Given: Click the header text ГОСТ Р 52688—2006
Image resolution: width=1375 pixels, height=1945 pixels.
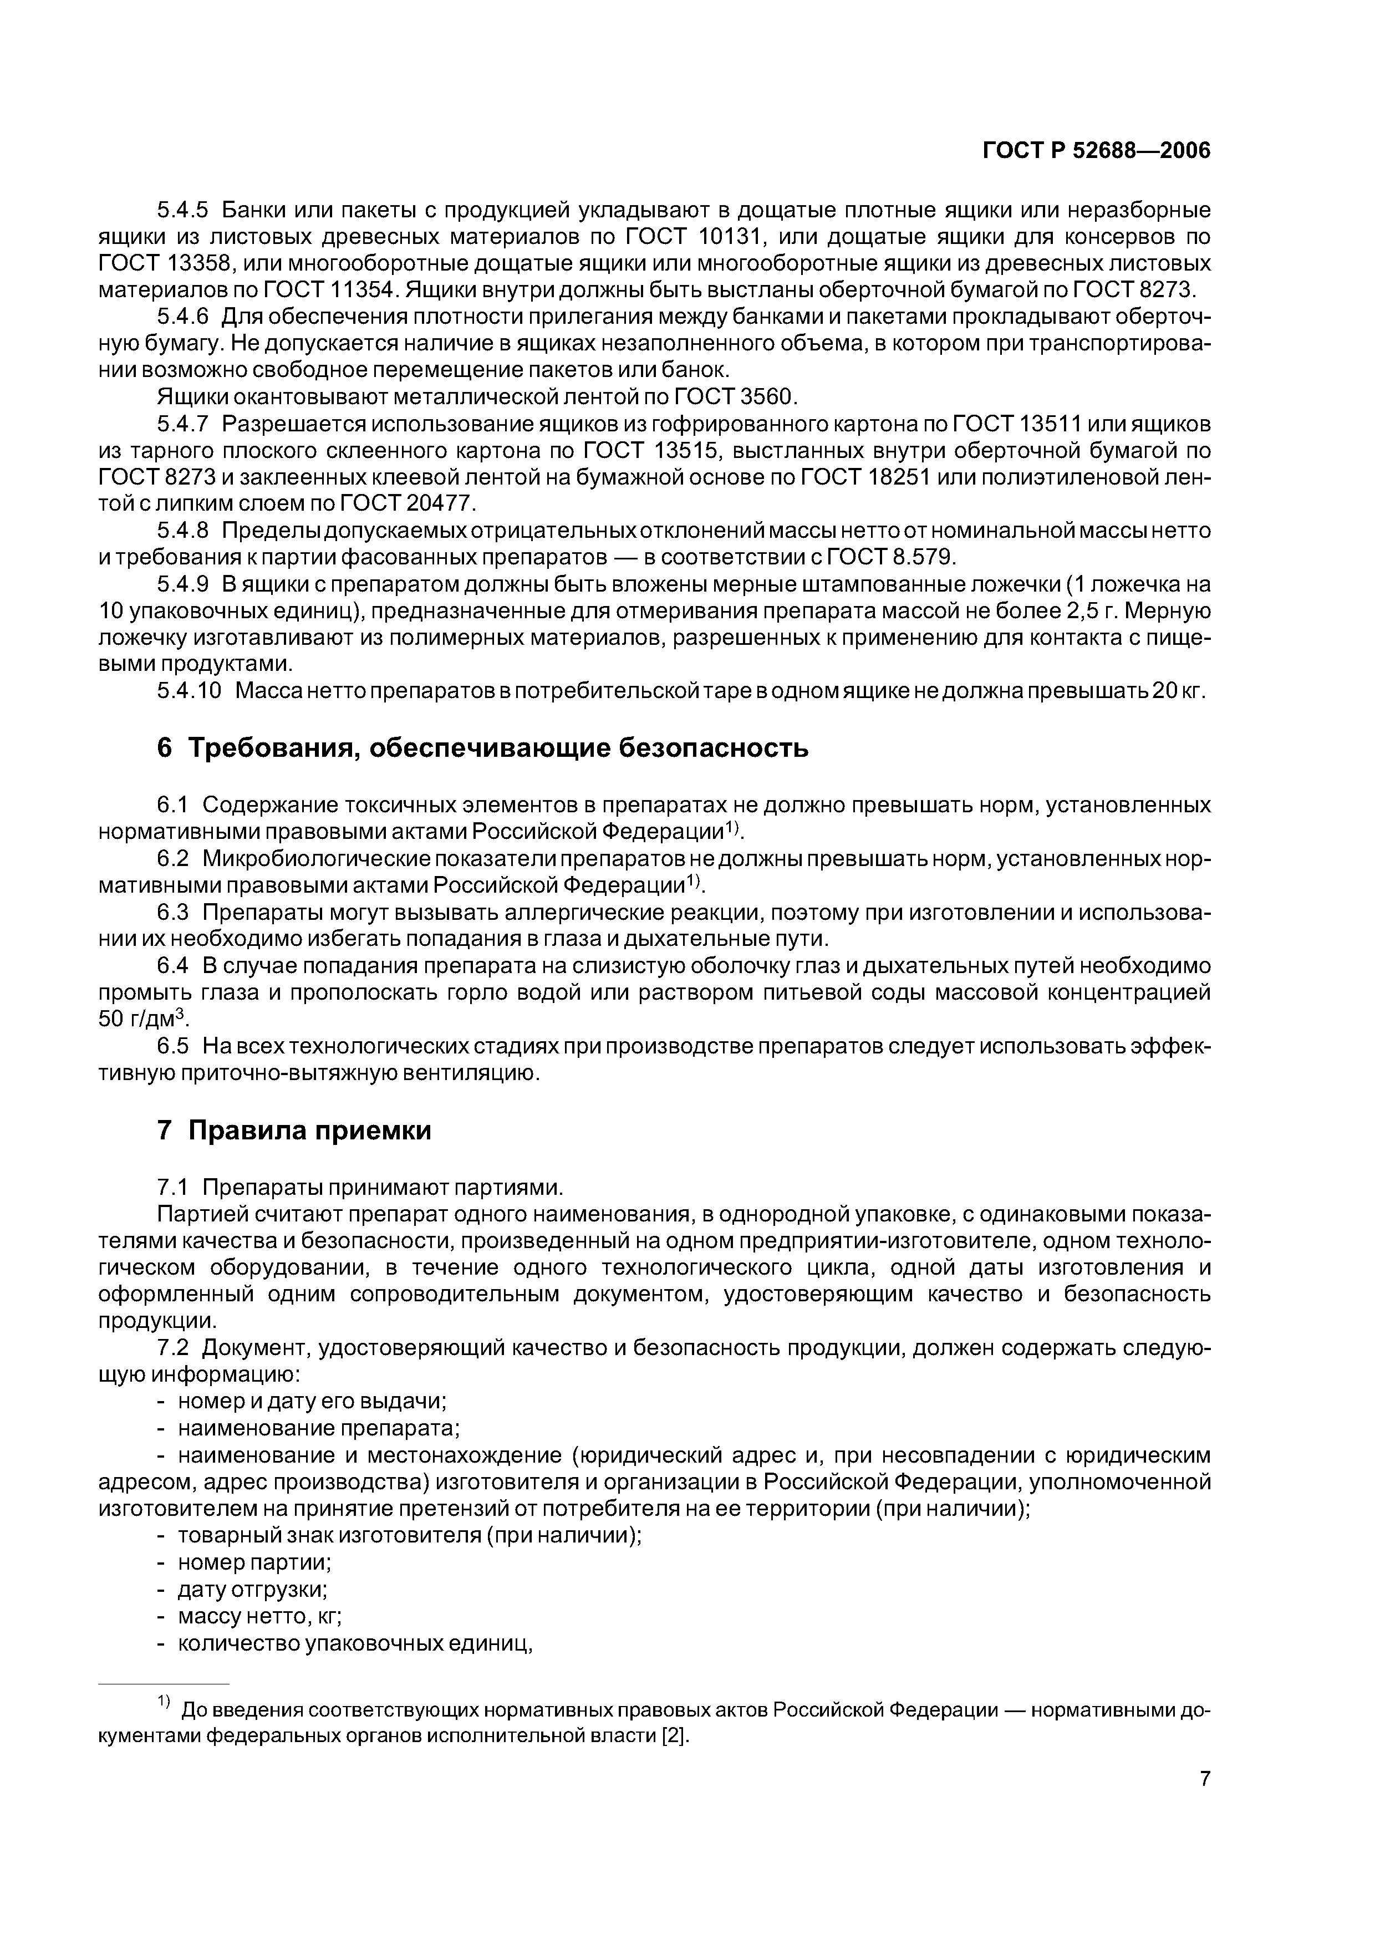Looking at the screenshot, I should pyautogui.click(x=1096, y=151).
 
